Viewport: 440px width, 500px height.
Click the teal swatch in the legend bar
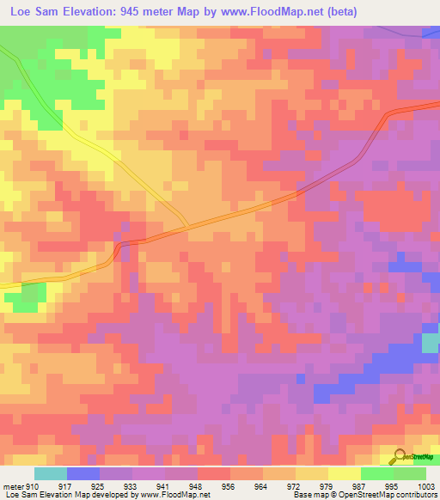pos(51,473)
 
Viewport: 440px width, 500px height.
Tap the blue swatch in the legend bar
pos(83,473)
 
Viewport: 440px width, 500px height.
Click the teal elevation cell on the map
pos(431,343)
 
